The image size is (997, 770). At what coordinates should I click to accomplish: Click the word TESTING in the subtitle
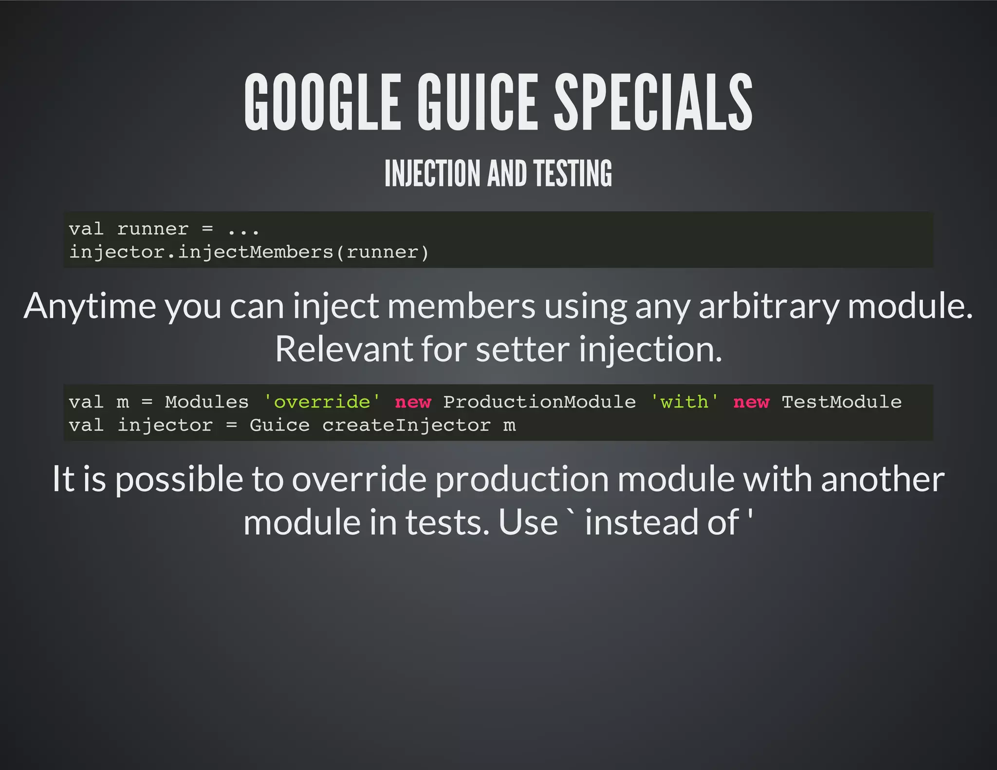pyautogui.click(x=572, y=174)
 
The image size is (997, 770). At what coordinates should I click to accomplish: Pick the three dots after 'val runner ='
pyautogui.click(x=243, y=230)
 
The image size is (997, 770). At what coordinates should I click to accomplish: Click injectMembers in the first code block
pyautogui.click(x=255, y=252)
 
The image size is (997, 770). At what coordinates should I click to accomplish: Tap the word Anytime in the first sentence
pyautogui.click(x=90, y=307)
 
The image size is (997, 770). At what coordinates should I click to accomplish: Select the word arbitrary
pyautogui.click(x=769, y=307)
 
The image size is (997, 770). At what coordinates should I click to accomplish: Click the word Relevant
pyautogui.click(x=344, y=349)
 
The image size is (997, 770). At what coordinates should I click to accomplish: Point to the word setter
pyautogui.click(x=522, y=349)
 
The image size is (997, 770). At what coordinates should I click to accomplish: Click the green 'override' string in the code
pyautogui.click(x=322, y=402)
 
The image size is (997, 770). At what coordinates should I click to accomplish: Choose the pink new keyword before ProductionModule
pyautogui.click(x=413, y=402)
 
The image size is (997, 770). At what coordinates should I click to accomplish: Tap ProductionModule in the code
pyautogui.click(x=539, y=402)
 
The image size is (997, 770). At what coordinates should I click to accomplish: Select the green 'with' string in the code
pyautogui.click(x=684, y=402)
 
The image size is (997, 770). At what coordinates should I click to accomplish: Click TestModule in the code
pyautogui.click(x=842, y=402)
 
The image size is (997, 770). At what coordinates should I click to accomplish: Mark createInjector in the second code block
pyautogui.click(x=406, y=425)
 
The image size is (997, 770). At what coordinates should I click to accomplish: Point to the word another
pyautogui.click(x=883, y=480)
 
